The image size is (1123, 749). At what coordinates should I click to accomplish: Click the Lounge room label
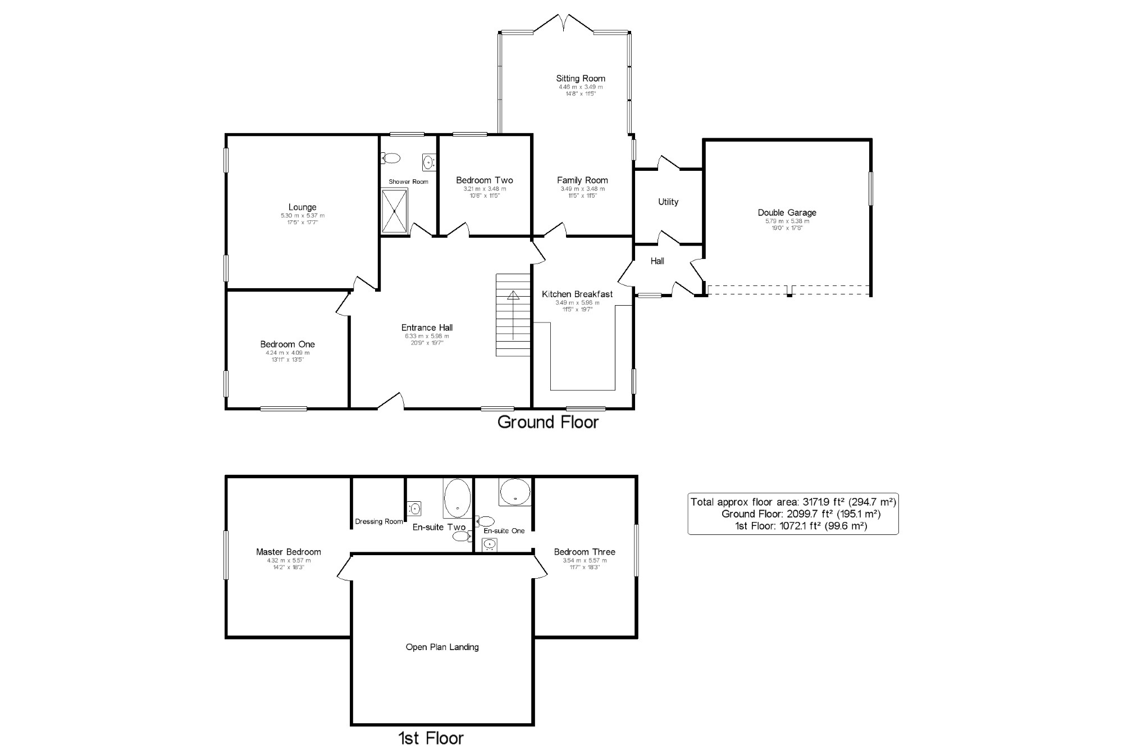(x=302, y=207)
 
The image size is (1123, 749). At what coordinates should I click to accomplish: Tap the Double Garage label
(x=787, y=212)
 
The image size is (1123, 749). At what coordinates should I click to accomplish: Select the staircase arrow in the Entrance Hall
(x=513, y=315)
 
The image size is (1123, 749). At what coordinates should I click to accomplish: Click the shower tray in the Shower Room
(x=394, y=211)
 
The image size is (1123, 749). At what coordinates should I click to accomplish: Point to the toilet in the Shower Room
(x=391, y=158)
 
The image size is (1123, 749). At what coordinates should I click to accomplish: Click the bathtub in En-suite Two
(x=457, y=498)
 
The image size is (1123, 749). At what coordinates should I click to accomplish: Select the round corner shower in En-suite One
(x=515, y=492)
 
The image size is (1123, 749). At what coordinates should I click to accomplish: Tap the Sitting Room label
(x=581, y=79)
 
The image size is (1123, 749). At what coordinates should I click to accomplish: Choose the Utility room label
(x=668, y=202)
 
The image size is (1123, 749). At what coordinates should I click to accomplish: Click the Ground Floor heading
(x=548, y=422)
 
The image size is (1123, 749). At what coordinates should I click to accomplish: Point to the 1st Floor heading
(x=431, y=738)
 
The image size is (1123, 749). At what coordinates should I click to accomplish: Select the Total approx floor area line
(x=793, y=502)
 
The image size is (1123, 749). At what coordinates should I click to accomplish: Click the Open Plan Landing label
(x=442, y=647)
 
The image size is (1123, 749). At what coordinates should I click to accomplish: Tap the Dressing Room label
(x=379, y=521)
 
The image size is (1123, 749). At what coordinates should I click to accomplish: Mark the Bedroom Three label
(x=585, y=552)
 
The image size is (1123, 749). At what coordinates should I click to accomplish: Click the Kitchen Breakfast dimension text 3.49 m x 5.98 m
(x=577, y=302)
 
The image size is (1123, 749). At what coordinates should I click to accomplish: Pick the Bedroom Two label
(x=484, y=180)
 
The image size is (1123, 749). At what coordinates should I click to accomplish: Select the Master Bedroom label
(x=289, y=552)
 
